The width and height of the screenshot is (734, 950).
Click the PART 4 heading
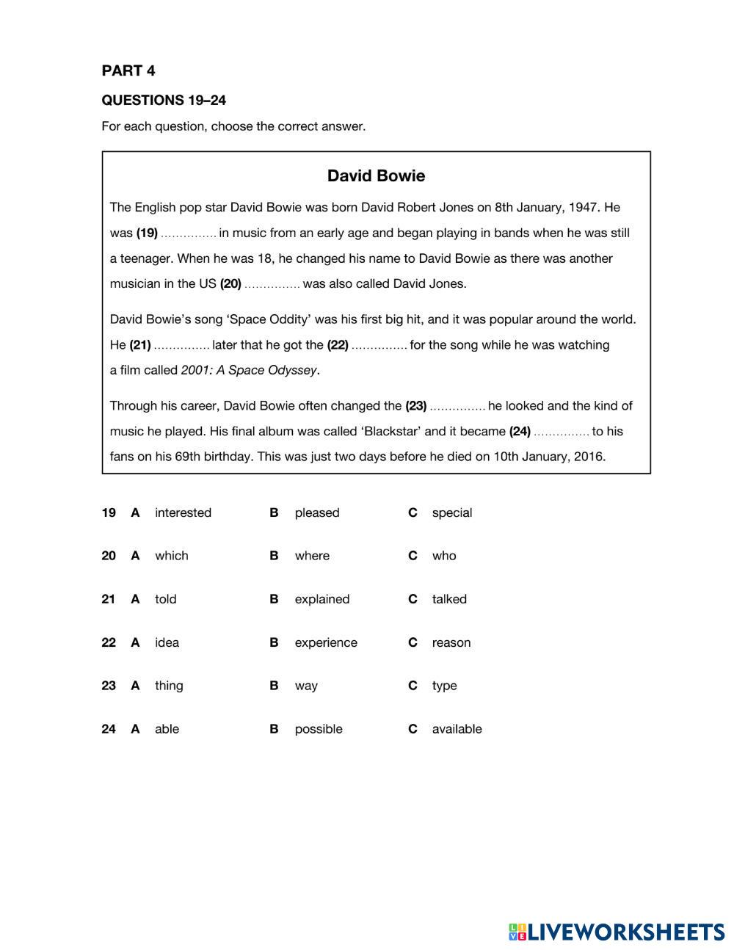coord(128,70)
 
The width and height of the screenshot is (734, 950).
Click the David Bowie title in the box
coord(376,175)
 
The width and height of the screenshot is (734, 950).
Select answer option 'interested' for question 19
coord(183,512)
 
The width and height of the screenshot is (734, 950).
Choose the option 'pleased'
coord(317,512)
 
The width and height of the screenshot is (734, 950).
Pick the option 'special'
coord(451,512)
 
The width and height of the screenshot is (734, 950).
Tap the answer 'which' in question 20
coord(171,556)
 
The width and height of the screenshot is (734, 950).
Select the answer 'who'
coord(443,556)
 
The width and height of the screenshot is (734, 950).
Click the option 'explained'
coord(321,599)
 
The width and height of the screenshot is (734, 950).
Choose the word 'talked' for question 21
coord(449,599)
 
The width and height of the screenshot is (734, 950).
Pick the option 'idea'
coord(167,642)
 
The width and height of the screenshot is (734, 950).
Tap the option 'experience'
coord(326,642)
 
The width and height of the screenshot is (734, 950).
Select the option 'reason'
coord(451,642)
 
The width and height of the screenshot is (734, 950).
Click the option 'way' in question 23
coord(306,686)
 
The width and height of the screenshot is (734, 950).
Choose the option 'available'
coord(457,729)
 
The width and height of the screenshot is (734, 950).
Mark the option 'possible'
coord(319,729)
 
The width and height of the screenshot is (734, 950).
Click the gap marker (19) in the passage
coord(147,233)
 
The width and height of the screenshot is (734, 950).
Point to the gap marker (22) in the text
coord(338,345)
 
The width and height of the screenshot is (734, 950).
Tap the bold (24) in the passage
coord(520,432)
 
